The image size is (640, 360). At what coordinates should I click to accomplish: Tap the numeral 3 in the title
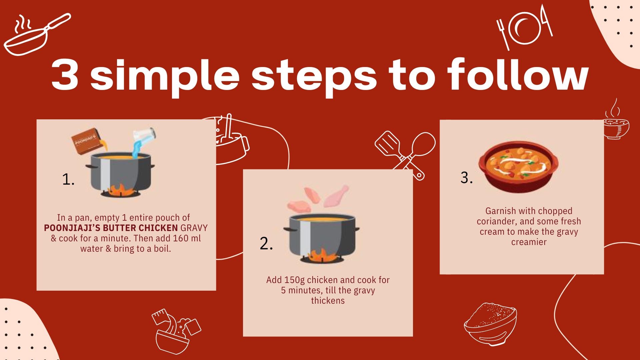65,75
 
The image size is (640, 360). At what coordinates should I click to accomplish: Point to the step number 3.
466,178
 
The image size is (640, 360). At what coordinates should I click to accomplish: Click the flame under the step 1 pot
120,190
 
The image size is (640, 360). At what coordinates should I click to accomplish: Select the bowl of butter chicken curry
518,168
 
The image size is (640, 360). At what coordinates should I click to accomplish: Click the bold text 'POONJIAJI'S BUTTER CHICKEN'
111,228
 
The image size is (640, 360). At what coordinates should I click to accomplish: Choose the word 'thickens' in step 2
328,301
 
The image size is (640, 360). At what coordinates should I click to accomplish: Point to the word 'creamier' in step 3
529,242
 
